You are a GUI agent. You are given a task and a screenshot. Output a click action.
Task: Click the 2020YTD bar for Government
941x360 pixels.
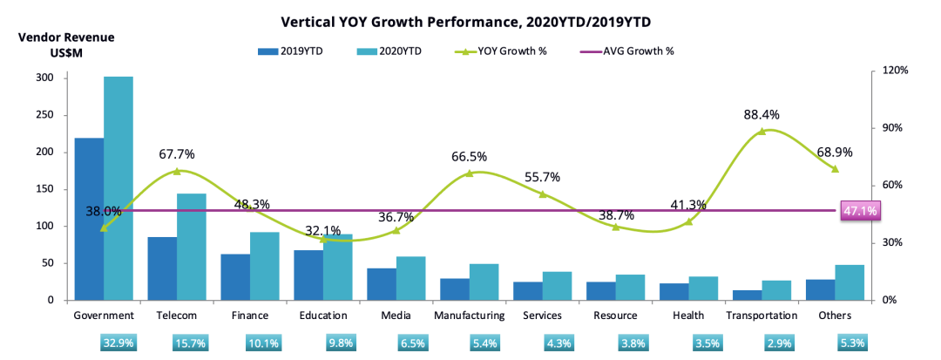pyautogui.click(x=118, y=188)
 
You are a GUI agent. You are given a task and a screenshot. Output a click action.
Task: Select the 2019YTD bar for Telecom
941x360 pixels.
pyautogui.click(x=162, y=268)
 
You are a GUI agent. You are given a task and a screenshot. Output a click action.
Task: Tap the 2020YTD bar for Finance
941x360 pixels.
pyautogui.click(x=265, y=266)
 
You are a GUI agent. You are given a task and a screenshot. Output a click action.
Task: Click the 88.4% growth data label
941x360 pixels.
pyautogui.click(x=762, y=114)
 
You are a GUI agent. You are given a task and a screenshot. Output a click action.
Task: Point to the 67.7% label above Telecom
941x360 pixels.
pyautogui.click(x=176, y=154)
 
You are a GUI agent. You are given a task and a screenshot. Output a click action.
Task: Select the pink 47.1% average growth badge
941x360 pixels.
pyautogui.click(x=860, y=210)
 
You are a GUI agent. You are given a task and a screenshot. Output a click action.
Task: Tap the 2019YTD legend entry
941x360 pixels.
pyautogui.click(x=291, y=51)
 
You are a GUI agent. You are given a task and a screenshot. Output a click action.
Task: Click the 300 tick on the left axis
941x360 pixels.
pyautogui.click(x=44, y=78)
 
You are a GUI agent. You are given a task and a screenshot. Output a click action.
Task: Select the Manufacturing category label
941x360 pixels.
pyautogui.click(x=469, y=316)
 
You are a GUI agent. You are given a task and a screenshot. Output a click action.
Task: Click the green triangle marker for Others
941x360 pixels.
pyautogui.click(x=835, y=168)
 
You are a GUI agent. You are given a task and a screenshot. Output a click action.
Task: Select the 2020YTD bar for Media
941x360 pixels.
pyautogui.click(x=411, y=278)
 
